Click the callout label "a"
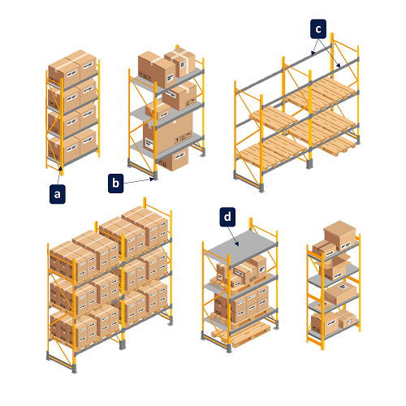click(58, 194)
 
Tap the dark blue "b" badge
click(115, 184)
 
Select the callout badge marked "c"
click(318, 28)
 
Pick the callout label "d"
click(227, 217)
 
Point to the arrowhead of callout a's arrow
click(61, 169)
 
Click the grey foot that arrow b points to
click(155, 177)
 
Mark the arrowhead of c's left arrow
click(313, 53)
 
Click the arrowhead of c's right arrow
click(339, 65)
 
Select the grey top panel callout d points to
click(241, 248)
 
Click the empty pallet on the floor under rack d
click(242, 335)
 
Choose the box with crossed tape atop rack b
click(180, 62)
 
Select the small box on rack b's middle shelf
click(158, 111)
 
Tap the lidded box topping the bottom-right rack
click(340, 235)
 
